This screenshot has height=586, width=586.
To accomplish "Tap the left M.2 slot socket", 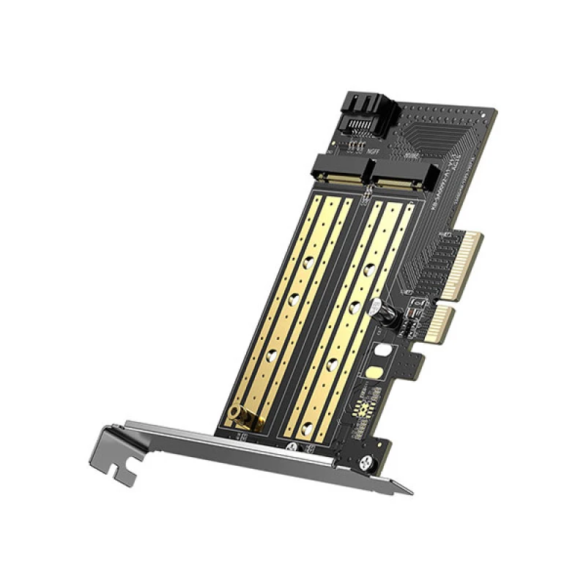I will click(x=341, y=169).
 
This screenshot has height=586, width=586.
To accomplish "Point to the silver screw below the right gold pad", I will click(x=296, y=446).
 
